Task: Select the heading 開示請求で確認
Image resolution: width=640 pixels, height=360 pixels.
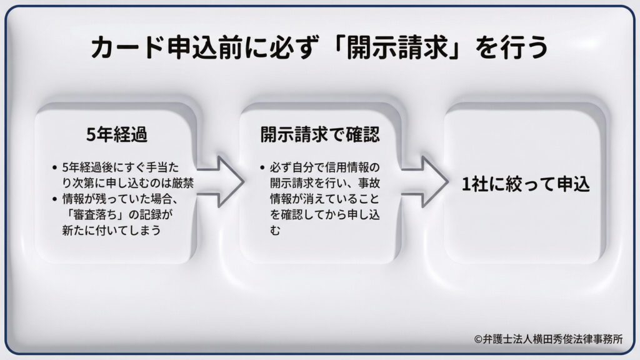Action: click(x=321, y=135)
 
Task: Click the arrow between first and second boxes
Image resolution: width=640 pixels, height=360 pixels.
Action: click(x=221, y=182)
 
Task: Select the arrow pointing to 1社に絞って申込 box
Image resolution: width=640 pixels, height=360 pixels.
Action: click(x=425, y=182)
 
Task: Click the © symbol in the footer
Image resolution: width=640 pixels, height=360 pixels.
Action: click(x=478, y=339)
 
